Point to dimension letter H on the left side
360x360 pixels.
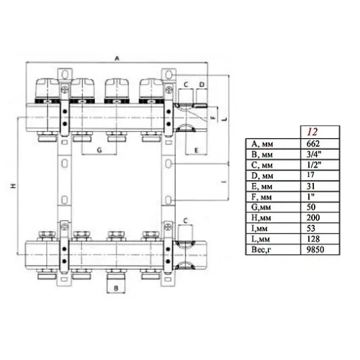(13, 187)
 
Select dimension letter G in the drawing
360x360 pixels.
(98, 150)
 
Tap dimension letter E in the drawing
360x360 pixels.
(196, 150)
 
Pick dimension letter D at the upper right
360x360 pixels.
(202, 84)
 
